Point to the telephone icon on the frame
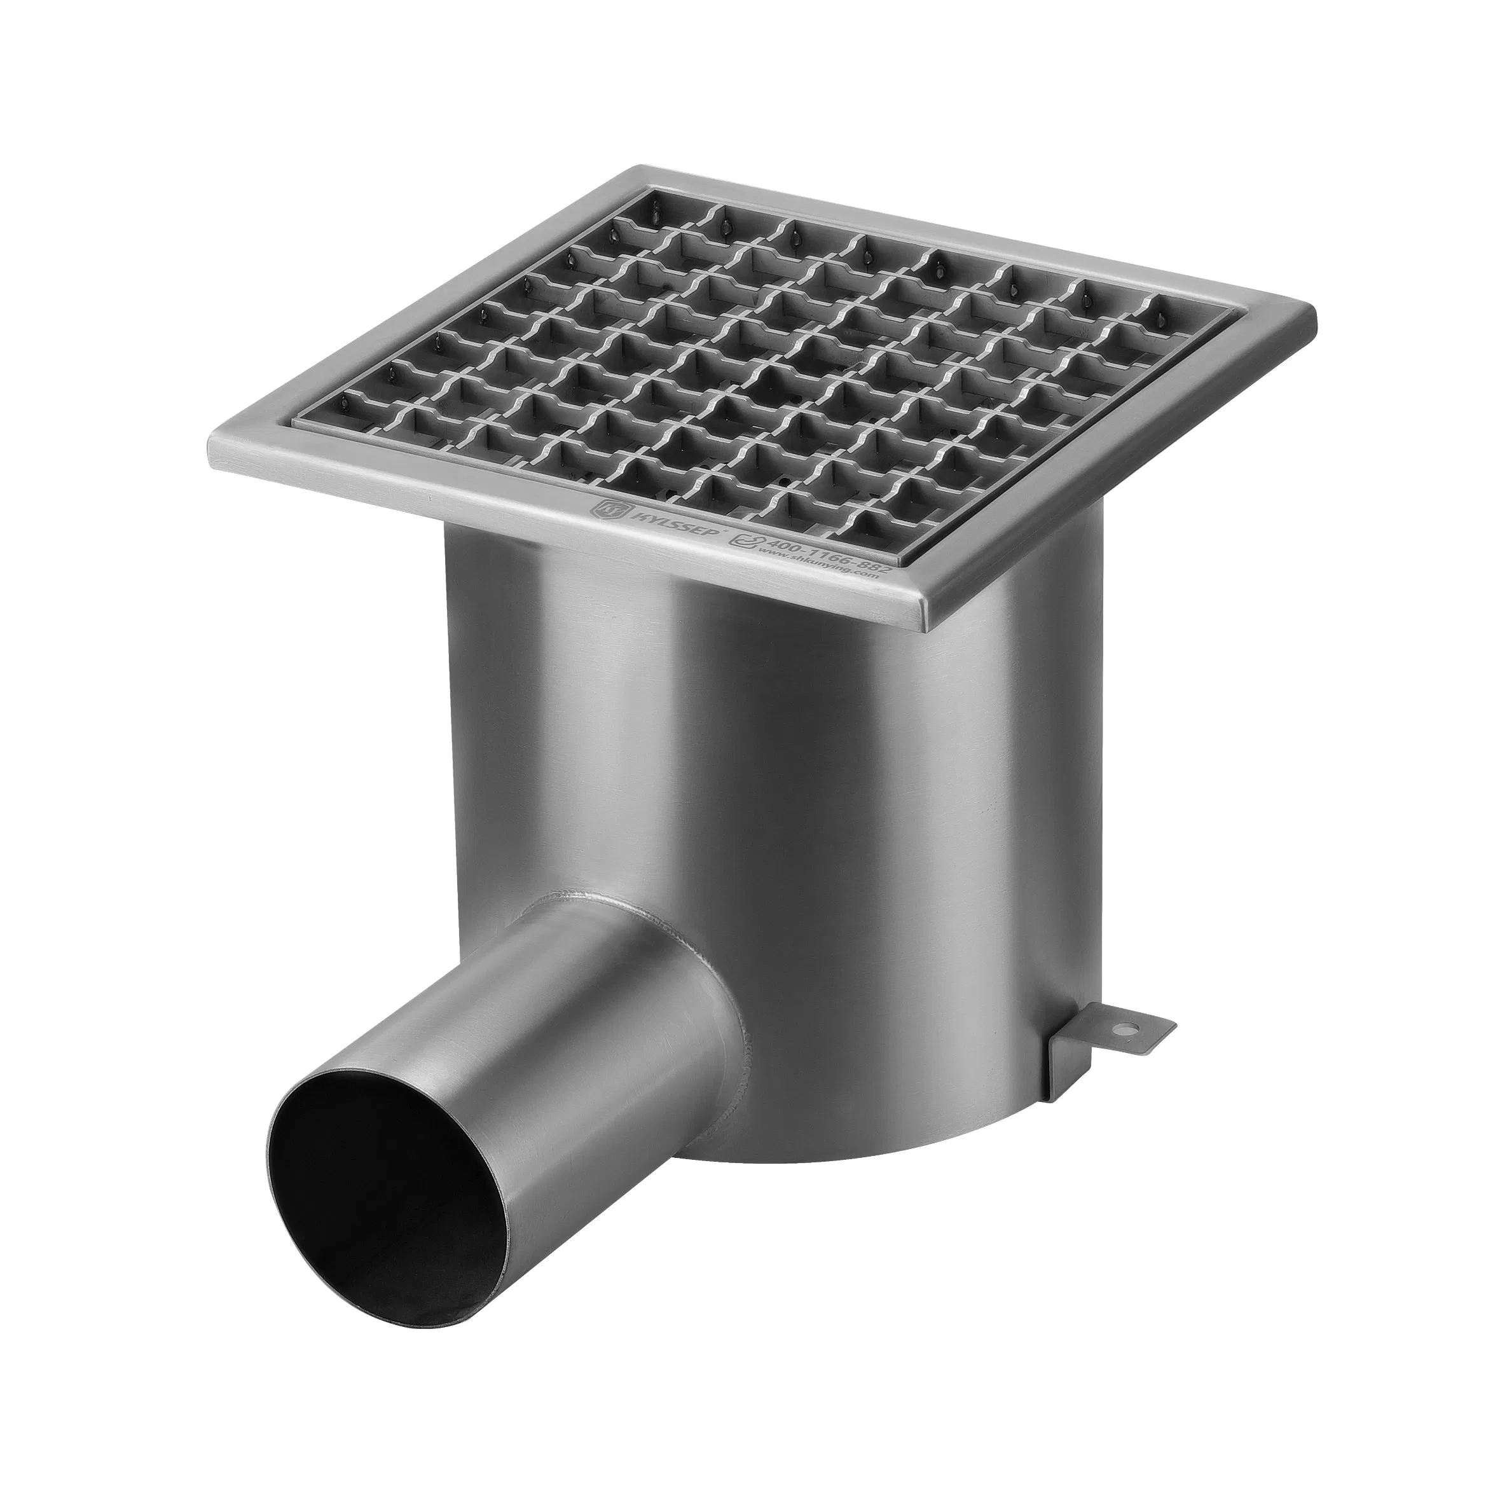[x=743, y=541]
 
